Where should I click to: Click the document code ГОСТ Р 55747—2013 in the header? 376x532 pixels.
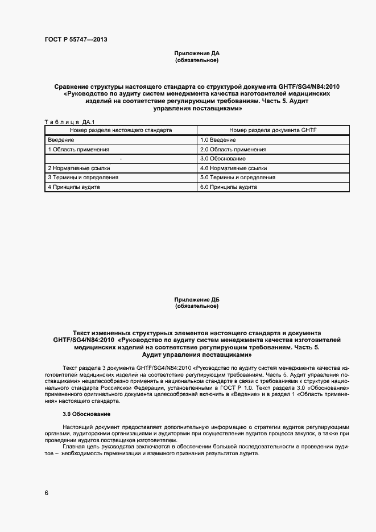pyautogui.click(x=76, y=40)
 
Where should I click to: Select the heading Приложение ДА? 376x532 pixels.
pyautogui.click(x=197, y=53)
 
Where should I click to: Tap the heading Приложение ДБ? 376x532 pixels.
pyautogui.click(x=197, y=300)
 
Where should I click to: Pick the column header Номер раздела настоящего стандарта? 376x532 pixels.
pyautogui.click(x=121, y=130)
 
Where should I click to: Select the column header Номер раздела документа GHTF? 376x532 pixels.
pyautogui.click(x=273, y=130)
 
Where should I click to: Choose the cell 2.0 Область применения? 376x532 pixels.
pyautogui.click(x=233, y=150)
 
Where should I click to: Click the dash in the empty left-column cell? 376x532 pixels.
pyautogui.click(x=121, y=159)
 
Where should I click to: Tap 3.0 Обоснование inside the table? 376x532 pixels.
pyautogui.click(x=223, y=159)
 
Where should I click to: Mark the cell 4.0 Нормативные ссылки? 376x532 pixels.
pyautogui.click(x=234, y=168)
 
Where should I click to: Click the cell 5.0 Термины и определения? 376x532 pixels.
pyautogui.click(x=238, y=178)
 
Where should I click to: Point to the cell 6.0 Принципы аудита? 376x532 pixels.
pyautogui.click(x=229, y=187)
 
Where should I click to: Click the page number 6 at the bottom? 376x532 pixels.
pyautogui.click(x=47, y=493)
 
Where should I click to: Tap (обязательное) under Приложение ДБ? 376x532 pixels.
pyautogui.click(x=197, y=306)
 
